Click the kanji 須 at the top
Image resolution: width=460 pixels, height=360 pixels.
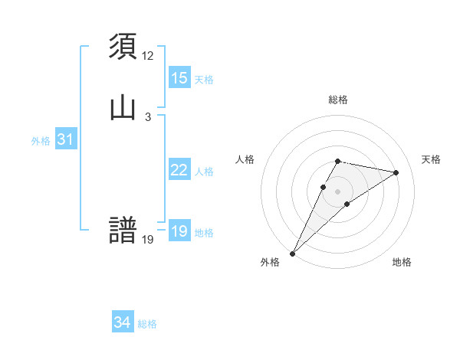(123, 47)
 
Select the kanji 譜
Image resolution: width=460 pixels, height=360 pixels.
(123, 231)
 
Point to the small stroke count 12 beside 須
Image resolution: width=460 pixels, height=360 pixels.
(148, 56)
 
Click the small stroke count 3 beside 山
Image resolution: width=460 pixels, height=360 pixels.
(148, 116)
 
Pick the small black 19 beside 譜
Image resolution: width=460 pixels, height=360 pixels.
(148, 239)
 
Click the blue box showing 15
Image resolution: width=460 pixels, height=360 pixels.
(179, 78)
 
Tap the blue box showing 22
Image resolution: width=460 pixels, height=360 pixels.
(179, 170)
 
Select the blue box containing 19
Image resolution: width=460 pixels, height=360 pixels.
(179, 231)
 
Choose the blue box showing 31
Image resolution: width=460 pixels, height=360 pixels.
(64, 139)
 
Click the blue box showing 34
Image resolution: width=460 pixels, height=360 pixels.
(122, 322)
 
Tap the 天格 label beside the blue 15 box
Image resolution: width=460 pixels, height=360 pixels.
(204, 80)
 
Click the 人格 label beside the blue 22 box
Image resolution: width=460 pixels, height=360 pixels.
(204, 172)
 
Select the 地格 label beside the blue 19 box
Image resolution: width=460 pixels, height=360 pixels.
(204, 233)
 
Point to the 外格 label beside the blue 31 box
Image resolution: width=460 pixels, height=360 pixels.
(41, 141)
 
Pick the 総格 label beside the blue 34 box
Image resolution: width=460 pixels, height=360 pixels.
(147, 324)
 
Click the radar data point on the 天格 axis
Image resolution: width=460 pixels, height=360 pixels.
(396, 172)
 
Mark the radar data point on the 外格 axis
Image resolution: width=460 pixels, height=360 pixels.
(293, 253)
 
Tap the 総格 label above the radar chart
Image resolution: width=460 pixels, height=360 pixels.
(338, 100)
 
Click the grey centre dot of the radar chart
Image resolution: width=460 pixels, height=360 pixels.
(338, 191)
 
